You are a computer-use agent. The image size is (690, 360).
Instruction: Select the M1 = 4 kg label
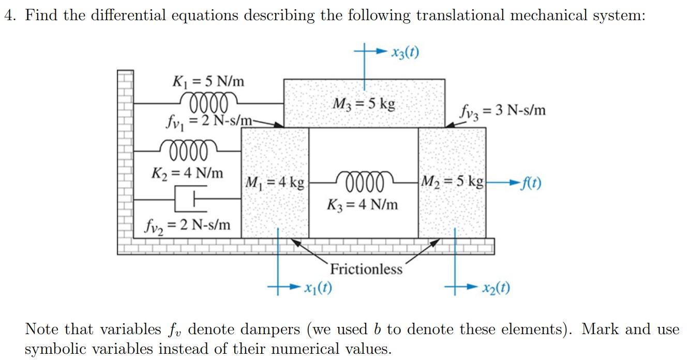click(274, 183)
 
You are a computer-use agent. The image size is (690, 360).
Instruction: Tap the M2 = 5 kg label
click(452, 182)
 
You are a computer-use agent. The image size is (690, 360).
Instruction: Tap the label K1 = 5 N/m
click(208, 81)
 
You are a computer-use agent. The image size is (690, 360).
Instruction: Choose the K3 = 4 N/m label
click(363, 204)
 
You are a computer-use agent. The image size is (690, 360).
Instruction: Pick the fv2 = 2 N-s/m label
click(188, 225)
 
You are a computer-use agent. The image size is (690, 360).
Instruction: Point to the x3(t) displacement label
click(405, 52)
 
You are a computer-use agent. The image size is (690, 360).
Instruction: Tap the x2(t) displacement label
click(496, 288)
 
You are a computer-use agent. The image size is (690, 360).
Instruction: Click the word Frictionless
click(366, 269)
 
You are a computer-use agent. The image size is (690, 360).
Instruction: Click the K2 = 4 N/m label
click(187, 172)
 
